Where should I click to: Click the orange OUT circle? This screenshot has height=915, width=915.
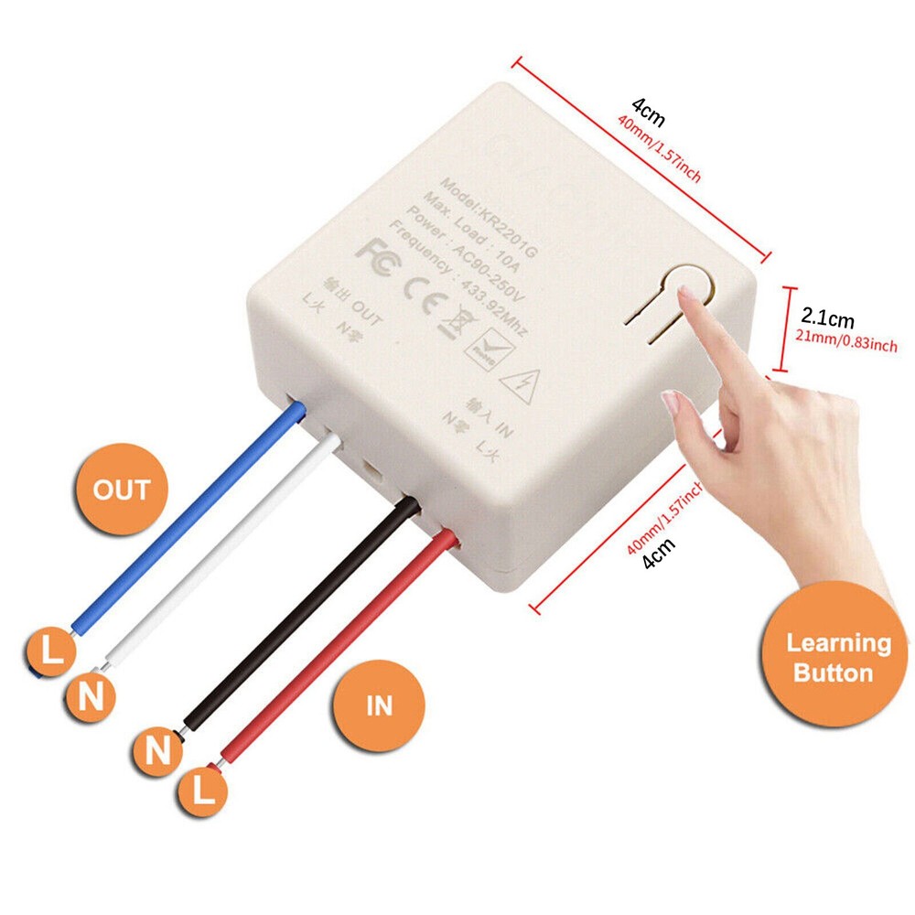tap(121, 490)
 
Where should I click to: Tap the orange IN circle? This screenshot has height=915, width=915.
tap(379, 705)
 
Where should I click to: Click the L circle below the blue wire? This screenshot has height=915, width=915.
tap(50, 651)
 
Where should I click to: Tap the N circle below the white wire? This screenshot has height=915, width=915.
tap(91, 698)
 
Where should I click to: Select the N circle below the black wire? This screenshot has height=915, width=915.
tap(159, 751)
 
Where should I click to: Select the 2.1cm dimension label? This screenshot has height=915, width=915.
tap(827, 320)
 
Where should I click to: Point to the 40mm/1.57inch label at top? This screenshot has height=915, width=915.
tap(659, 149)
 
